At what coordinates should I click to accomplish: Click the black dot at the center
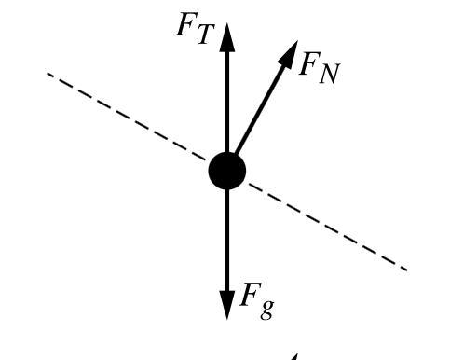click(226, 171)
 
